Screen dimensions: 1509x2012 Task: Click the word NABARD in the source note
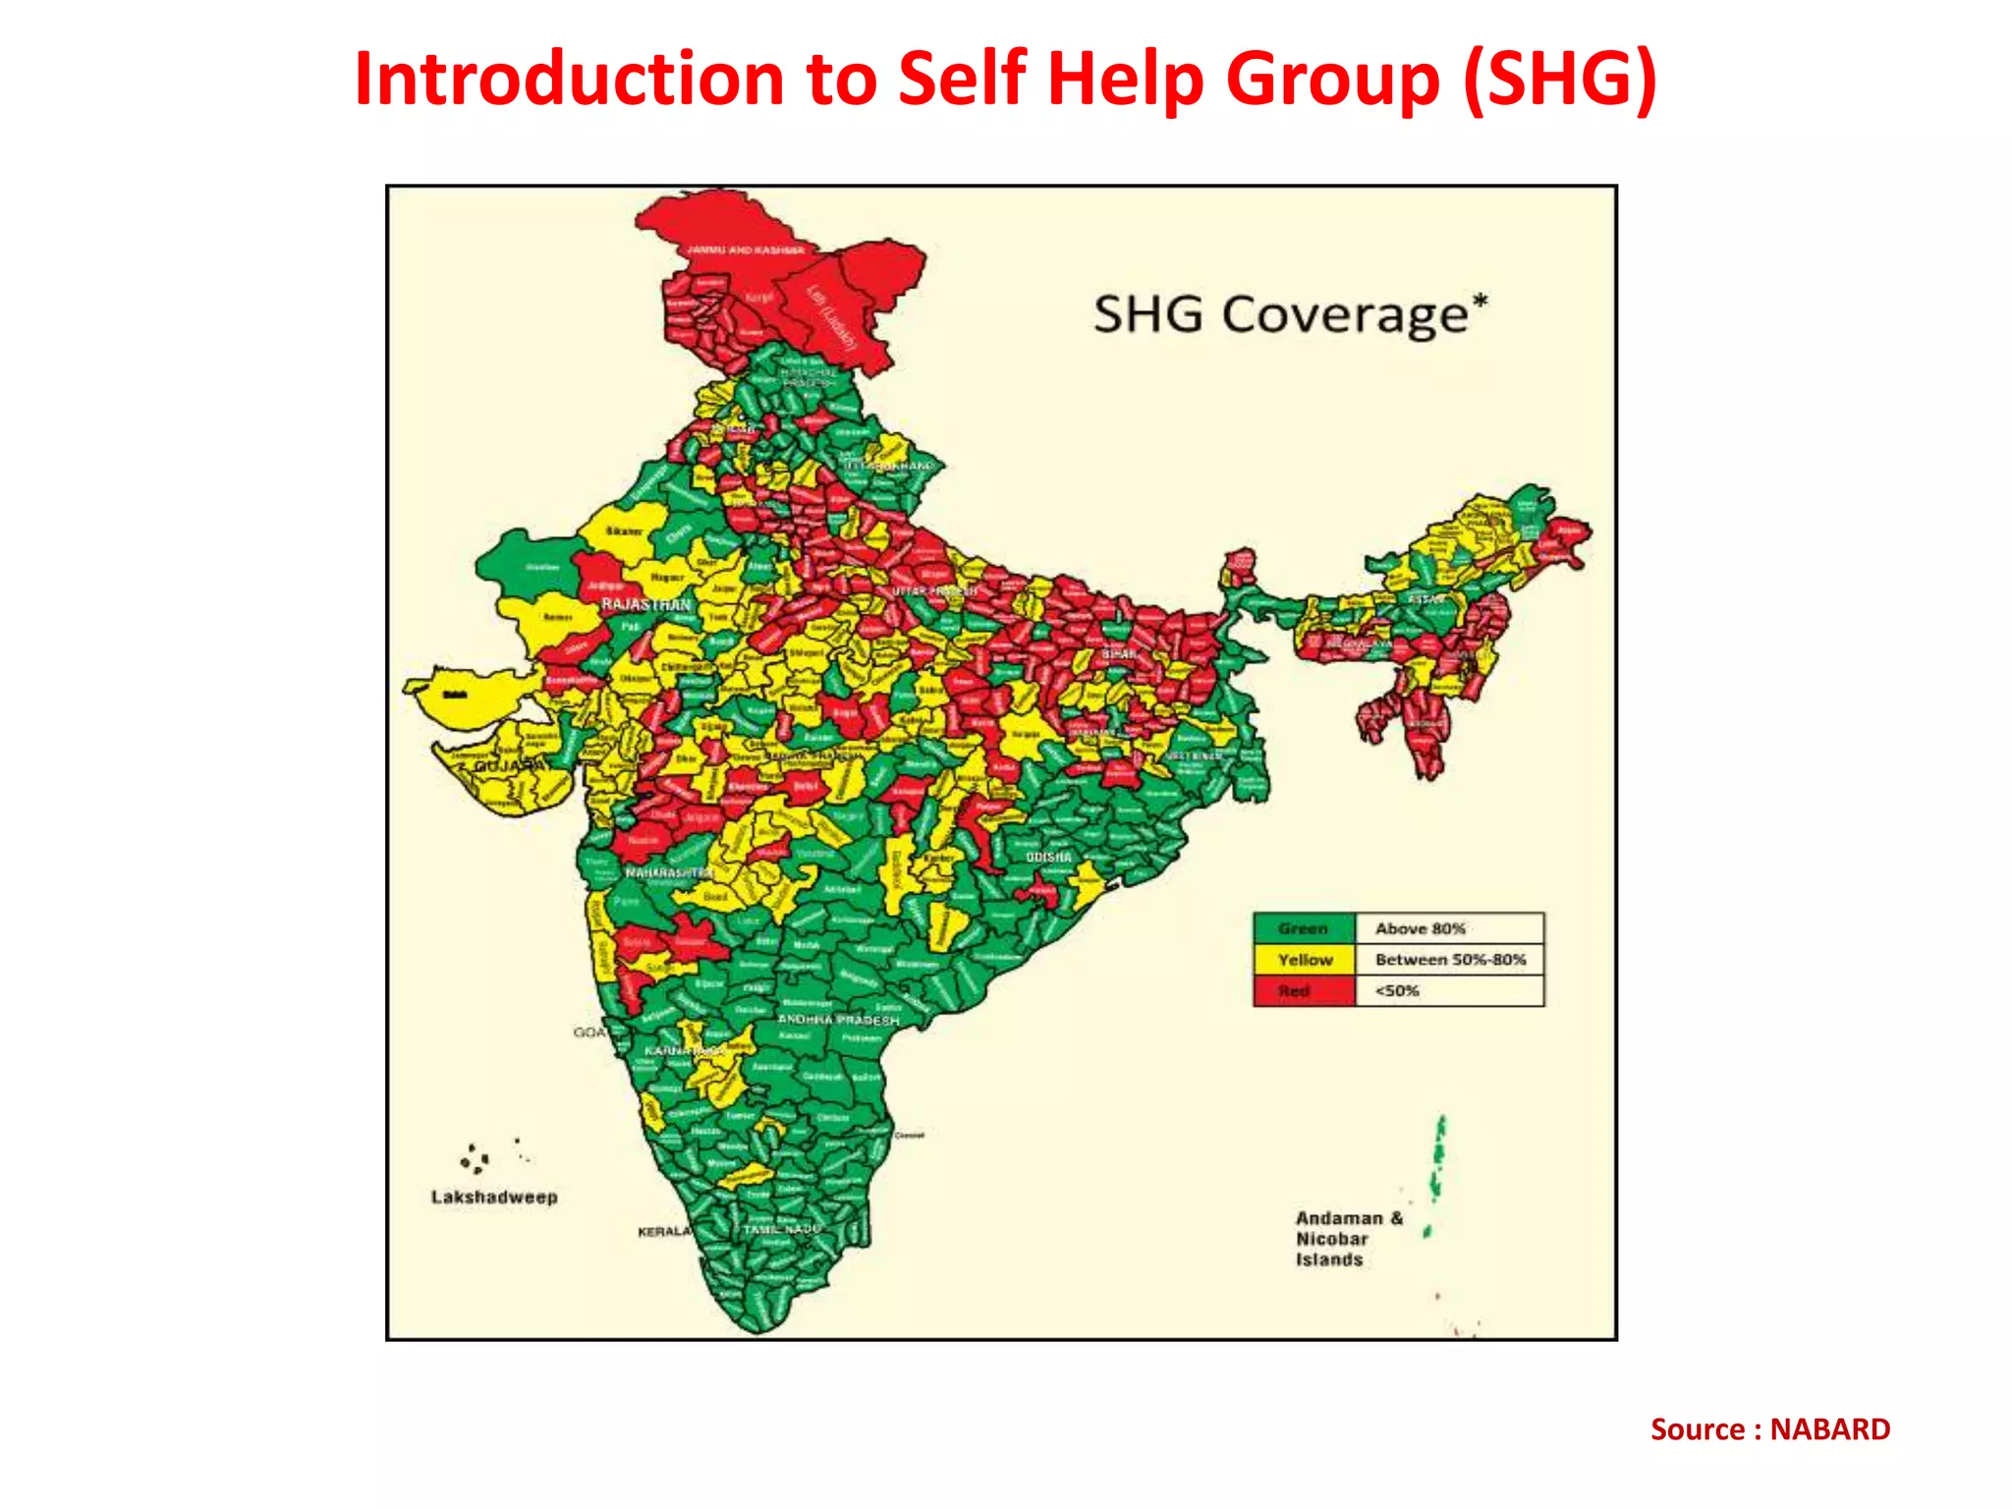coord(1829,1429)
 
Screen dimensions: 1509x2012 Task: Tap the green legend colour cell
coord(1304,928)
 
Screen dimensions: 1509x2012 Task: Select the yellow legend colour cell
coord(1304,960)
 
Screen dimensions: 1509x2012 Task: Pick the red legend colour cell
coord(1304,991)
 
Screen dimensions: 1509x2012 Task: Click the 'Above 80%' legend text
coord(1420,928)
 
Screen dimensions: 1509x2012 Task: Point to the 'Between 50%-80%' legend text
coord(1450,960)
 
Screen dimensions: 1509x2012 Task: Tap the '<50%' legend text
coord(1397,991)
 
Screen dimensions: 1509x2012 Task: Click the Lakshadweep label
coord(494,1198)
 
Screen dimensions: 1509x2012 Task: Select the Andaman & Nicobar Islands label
coord(1347,1239)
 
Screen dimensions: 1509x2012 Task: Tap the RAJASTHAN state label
coord(645,604)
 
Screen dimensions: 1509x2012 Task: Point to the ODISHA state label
coord(1048,858)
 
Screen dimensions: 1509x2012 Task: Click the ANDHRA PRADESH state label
coord(838,1021)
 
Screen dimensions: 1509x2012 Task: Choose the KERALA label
coord(664,1232)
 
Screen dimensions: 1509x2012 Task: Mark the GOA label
coord(590,1033)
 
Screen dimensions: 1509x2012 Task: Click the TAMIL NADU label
coord(781,1229)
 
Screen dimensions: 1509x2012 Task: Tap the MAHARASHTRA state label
coord(669,872)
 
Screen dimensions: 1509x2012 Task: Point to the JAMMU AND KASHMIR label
coord(745,251)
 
